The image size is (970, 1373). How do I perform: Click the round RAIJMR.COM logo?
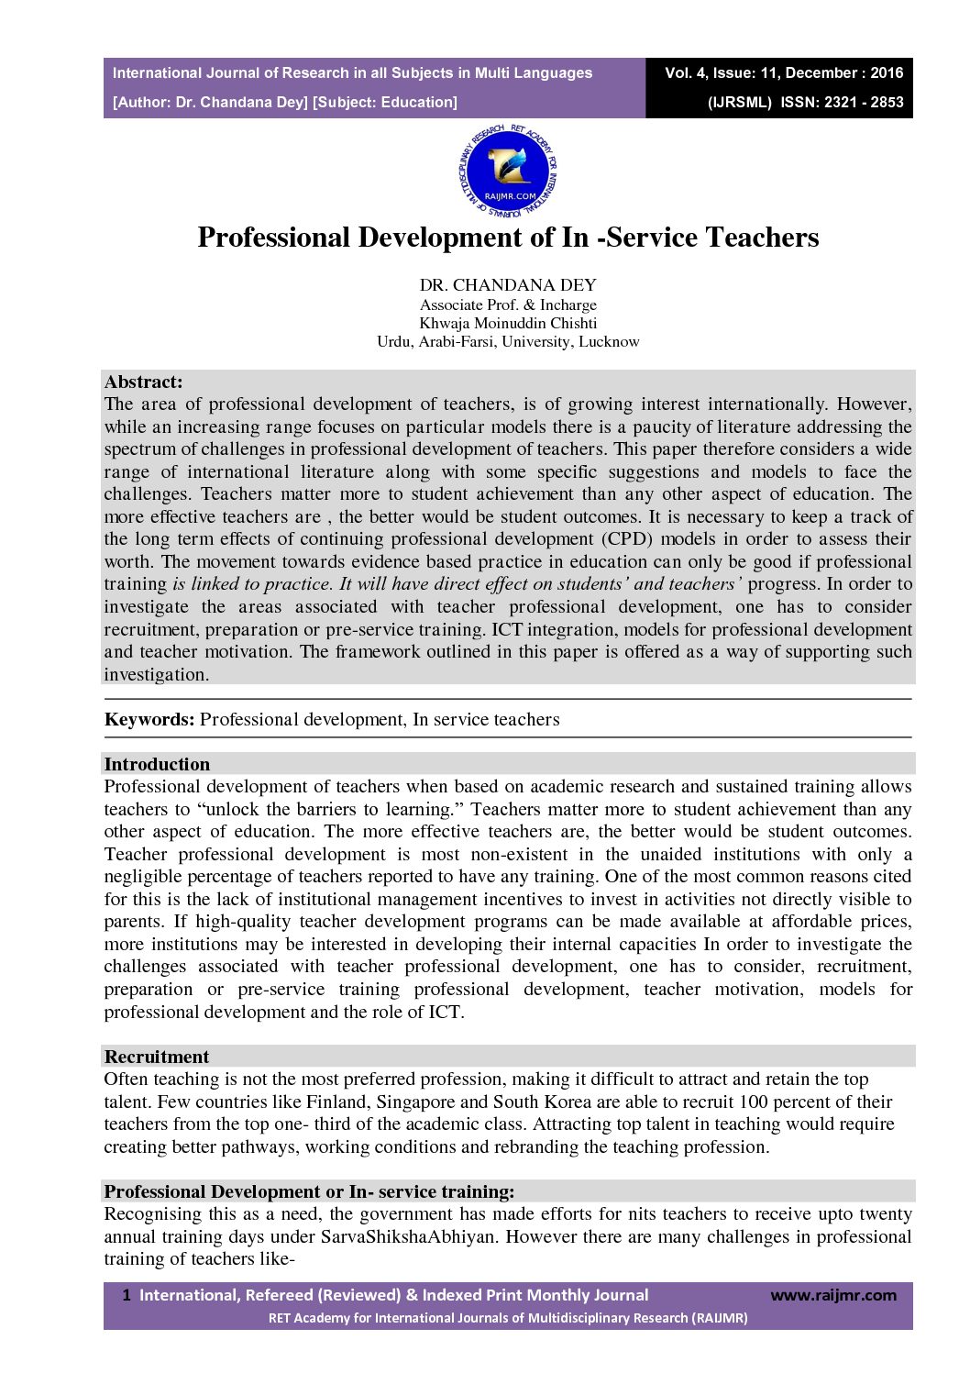pos(507,171)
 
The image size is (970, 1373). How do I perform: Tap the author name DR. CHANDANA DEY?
pos(508,285)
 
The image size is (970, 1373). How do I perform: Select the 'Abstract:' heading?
pos(143,382)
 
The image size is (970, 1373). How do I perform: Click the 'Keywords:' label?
pos(149,719)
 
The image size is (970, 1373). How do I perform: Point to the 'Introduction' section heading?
pos(157,764)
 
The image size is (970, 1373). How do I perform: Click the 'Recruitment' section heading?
pos(157,1057)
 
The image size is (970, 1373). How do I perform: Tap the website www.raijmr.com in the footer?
pos(832,1295)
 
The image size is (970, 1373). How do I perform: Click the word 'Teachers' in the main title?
pos(762,238)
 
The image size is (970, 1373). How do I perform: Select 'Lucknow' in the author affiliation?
pos(609,342)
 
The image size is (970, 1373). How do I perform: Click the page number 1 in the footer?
pos(127,1295)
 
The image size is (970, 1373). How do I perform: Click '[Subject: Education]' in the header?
pos(385,103)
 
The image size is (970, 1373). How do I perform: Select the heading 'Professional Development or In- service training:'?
pos(309,1191)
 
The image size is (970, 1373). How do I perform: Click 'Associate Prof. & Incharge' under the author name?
pos(508,304)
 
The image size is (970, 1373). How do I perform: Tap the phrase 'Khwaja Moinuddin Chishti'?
pos(508,323)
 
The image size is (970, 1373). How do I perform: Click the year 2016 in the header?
pos(887,73)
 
